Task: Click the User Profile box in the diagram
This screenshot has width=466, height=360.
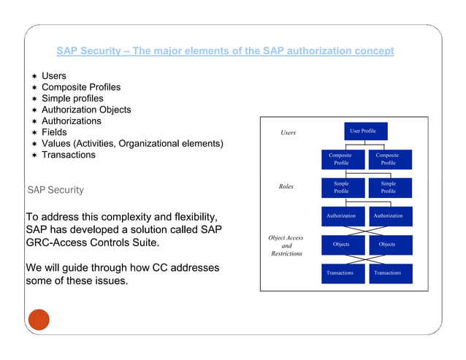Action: (363, 131)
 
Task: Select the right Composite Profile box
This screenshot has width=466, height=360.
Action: (389, 159)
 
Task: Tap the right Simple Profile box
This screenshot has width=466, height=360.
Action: (389, 188)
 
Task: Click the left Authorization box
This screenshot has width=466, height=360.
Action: (341, 216)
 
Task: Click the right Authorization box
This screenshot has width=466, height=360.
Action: (389, 216)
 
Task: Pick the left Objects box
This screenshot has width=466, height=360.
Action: (341, 245)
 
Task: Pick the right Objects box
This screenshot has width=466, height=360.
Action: (389, 245)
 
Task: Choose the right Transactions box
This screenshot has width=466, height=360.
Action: (389, 273)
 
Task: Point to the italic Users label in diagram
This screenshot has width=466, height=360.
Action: (289, 133)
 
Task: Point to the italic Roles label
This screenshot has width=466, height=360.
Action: (286, 187)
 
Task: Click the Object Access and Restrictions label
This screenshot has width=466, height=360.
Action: (286, 246)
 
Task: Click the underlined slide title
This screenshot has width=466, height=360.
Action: (225, 51)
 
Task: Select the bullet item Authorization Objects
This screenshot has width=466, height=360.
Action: (86, 110)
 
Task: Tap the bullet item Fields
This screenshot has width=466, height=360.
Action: (54, 132)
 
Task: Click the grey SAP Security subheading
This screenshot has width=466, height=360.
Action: (56, 190)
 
